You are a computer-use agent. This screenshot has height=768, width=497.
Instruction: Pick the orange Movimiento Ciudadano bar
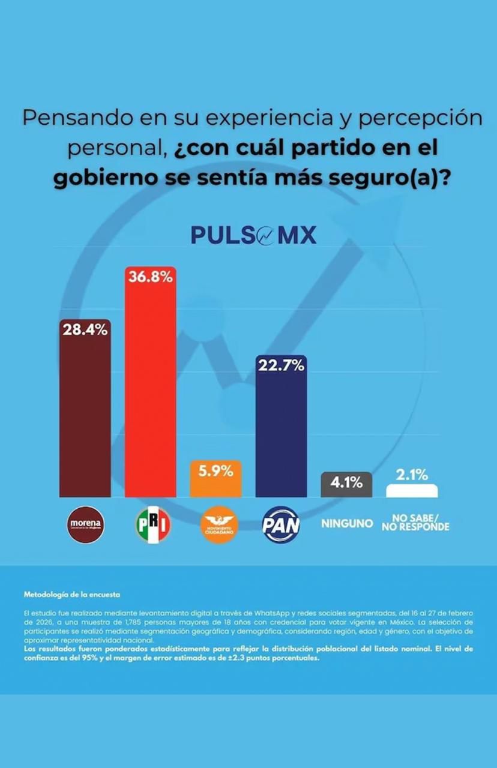(215, 487)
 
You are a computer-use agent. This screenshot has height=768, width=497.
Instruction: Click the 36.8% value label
(150, 277)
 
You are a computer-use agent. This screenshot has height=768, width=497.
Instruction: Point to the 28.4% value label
(85, 329)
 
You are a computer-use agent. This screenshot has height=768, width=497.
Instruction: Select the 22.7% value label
(281, 365)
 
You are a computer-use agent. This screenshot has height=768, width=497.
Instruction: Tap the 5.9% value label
(215, 471)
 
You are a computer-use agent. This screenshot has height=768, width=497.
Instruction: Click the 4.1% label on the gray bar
(346, 482)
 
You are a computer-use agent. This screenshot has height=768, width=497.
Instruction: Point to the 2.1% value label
(412, 475)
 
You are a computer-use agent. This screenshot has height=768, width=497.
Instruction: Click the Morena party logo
(85, 524)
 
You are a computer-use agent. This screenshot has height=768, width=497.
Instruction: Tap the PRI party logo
(152, 524)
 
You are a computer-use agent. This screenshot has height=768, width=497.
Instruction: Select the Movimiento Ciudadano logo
(218, 524)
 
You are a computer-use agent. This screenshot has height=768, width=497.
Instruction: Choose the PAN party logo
(281, 524)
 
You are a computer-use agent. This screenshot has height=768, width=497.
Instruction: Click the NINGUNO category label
(347, 524)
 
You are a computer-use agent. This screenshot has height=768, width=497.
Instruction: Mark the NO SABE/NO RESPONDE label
(415, 523)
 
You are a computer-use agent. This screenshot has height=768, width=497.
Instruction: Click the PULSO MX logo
(253, 235)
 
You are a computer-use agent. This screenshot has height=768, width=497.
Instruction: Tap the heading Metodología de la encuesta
(72, 595)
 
